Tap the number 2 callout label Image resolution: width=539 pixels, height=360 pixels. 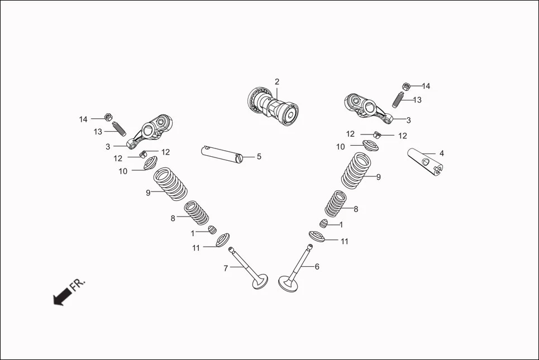coord(276,81)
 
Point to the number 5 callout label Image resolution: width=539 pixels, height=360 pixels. coord(259,157)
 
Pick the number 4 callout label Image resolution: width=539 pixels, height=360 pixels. coord(441,153)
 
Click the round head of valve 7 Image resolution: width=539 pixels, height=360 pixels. coord(260,281)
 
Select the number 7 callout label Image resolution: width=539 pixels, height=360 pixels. coord(226,268)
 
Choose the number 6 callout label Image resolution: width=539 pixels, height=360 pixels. coord(317,267)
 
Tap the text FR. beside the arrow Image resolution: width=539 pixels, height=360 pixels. coord(78,285)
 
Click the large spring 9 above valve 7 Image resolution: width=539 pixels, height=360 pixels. coord(170,184)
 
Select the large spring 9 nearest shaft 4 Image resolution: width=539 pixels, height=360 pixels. coord(357,170)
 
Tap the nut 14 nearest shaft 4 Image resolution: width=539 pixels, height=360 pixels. coord(407,87)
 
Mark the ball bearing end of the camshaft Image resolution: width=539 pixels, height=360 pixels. coord(257,100)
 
